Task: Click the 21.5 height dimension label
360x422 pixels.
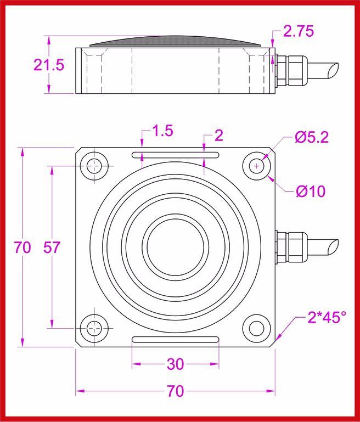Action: pyautogui.click(x=49, y=65)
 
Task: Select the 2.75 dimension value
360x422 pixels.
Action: pyautogui.click(x=298, y=32)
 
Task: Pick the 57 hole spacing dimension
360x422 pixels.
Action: pyautogui.click(x=52, y=247)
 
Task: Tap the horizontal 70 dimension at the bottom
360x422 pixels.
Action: pyautogui.click(x=175, y=391)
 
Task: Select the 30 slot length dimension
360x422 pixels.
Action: pyautogui.click(x=175, y=364)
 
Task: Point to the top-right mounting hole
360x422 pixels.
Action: pyautogui.click(x=256, y=165)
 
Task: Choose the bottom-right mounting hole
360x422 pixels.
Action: pyautogui.click(x=256, y=328)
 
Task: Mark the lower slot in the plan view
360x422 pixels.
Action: pyautogui.click(x=176, y=340)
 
